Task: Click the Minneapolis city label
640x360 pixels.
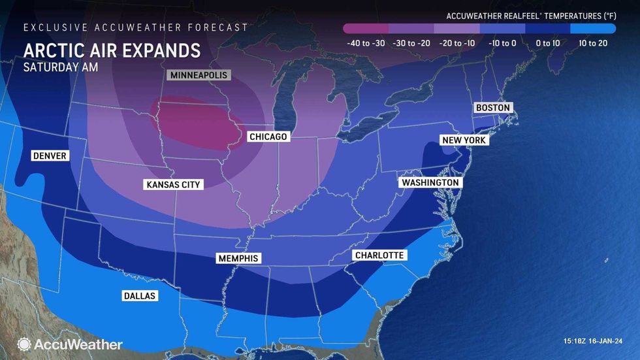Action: coord(199,75)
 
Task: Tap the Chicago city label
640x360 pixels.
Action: coord(268,137)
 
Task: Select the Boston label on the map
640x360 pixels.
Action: coord(492,107)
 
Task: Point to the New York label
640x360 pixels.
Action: coord(464,140)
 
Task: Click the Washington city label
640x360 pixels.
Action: coord(430,182)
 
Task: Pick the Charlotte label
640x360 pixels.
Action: coord(379,255)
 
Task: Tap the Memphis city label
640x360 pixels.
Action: coord(238,259)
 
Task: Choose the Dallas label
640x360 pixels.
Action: coord(140,296)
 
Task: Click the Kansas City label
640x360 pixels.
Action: coord(173,185)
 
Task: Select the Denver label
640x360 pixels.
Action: coord(50,155)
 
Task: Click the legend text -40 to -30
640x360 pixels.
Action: coord(366,43)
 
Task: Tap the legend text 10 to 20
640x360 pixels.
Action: coord(593,43)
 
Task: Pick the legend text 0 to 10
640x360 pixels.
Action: coord(547,43)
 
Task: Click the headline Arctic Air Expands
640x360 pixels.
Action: coord(112,50)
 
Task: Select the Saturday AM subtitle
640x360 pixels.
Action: coord(61,67)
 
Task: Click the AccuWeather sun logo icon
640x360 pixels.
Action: coord(24,344)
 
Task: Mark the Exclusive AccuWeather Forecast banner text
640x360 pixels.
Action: coord(136,27)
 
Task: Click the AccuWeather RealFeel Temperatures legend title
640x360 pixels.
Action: coord(530,15)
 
